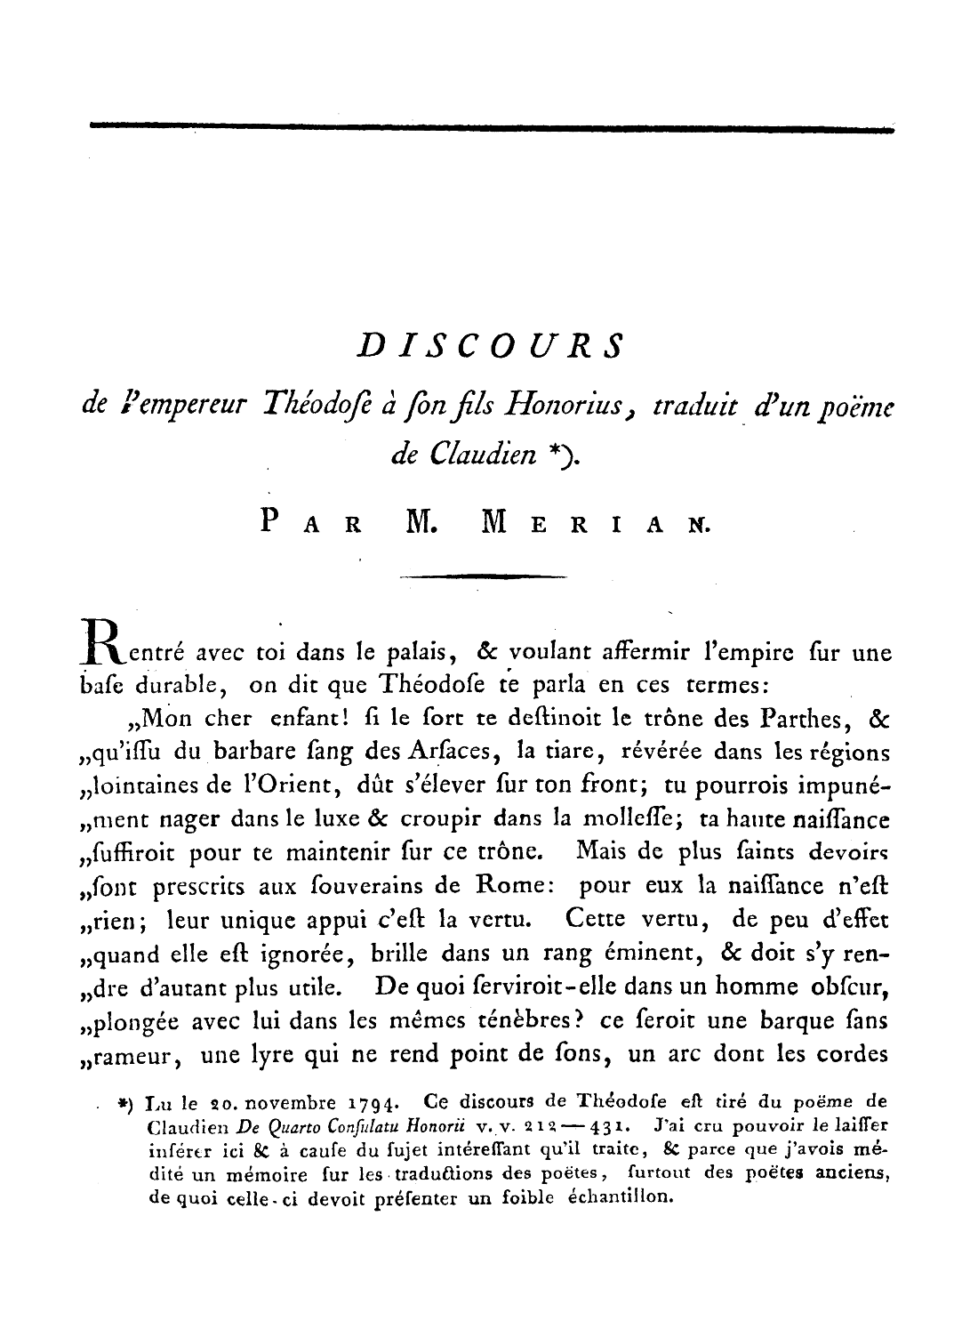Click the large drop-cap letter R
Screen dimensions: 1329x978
pyautogui.click(x=105, y=640)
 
